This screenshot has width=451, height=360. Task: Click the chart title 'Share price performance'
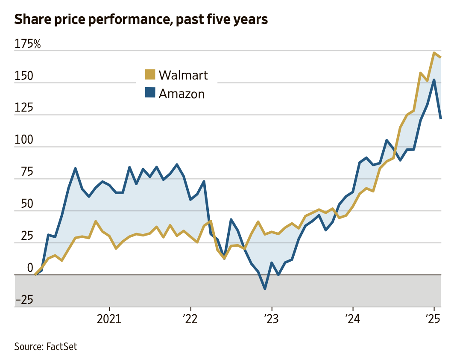[141, 20]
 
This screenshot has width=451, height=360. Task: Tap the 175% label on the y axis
[28, 44]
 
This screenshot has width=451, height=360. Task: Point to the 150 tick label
[24, 76]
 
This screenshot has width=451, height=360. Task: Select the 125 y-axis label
[24, 108]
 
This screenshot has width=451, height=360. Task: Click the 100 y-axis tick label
[24, 140]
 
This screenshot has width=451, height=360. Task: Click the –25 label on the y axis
[24, 300]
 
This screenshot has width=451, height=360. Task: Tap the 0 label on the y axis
[30, 268]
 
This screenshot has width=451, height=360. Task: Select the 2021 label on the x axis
[110, 319]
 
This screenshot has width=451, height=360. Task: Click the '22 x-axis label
[190, 319]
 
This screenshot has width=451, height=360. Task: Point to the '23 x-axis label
[272, 319]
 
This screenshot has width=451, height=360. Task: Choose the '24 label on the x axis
[353, 319]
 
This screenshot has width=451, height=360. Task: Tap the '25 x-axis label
[433, 319]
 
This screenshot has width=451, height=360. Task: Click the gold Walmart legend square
[150, 74]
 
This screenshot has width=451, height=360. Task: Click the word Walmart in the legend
[183, 75]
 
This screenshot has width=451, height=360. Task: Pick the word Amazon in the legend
[182, 94]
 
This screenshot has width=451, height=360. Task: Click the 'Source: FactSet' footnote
[46, 346]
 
